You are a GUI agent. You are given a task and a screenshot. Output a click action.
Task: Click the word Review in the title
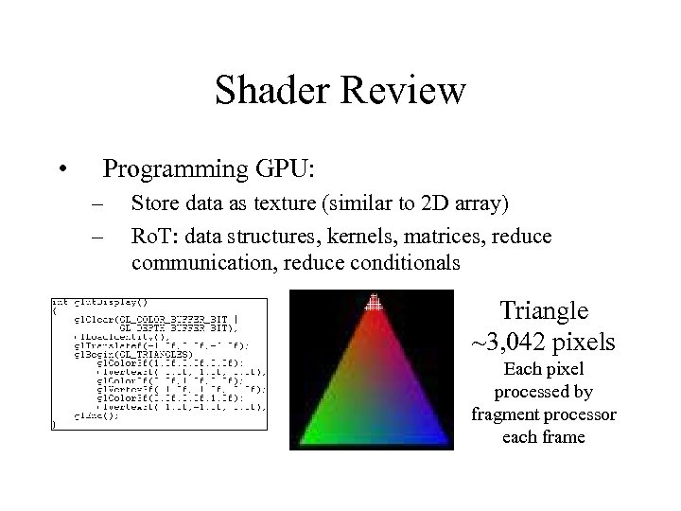(x=405, y=91)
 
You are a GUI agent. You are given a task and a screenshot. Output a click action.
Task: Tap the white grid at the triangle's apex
(x=374, y=302)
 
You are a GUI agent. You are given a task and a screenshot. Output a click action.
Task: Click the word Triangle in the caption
(x=544, y=311)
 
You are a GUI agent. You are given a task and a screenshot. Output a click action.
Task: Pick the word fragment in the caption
(x=508, y=415)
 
